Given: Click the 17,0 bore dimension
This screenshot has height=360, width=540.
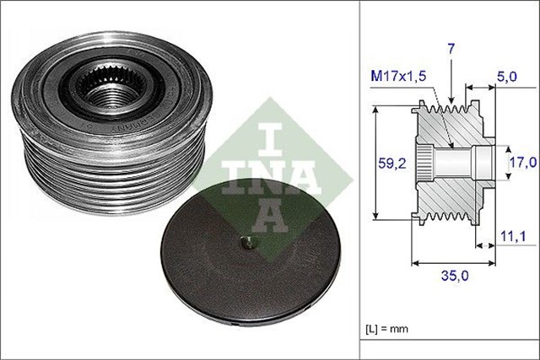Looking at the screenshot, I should click(520, 160).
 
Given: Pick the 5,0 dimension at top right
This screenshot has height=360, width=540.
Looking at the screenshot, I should click(506, 75).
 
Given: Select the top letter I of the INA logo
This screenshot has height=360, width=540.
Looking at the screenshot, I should click(267, 131).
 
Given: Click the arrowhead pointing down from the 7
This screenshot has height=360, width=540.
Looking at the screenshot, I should click(452, 99).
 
